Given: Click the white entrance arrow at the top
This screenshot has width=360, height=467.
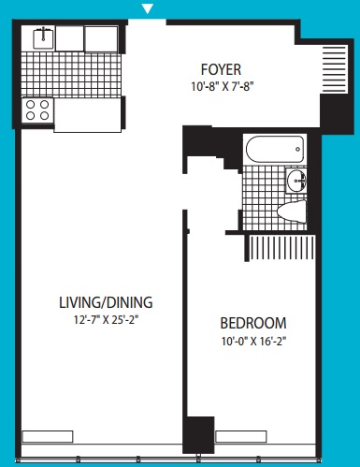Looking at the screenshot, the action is coord(148,8).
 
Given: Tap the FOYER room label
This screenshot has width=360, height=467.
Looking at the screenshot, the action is coord(221,69).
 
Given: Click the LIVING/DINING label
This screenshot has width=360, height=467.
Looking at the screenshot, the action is coord(106,302).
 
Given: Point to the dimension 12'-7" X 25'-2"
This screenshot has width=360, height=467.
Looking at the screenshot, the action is coord(106,320).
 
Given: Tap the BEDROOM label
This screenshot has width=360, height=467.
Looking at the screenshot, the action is coord(253,323).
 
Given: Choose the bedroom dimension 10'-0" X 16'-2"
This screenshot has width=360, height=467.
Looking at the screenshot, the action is coord(253,341).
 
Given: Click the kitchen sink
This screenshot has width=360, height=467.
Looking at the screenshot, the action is coord(43,37).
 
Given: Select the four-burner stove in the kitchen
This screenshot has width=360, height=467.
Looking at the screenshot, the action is coord(37,109).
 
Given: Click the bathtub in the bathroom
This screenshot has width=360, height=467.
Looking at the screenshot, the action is coord(275,149).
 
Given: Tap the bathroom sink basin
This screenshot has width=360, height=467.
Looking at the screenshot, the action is coord(296,180).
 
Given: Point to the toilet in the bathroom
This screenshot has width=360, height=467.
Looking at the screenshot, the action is coord(292,212).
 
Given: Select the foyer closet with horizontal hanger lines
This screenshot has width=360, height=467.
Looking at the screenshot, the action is coord(335,69).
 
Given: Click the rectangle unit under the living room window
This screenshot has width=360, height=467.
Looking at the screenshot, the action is coord(48,436).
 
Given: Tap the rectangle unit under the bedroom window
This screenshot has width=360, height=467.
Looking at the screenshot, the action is coord(241,436).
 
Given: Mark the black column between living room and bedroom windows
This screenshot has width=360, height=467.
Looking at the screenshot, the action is coord(198,435).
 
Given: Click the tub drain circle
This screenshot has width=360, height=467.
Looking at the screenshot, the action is coord(298,150).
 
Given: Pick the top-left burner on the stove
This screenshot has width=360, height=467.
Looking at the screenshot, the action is coord(30,104).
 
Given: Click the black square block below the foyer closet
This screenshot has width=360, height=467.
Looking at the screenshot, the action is coord(337,114).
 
